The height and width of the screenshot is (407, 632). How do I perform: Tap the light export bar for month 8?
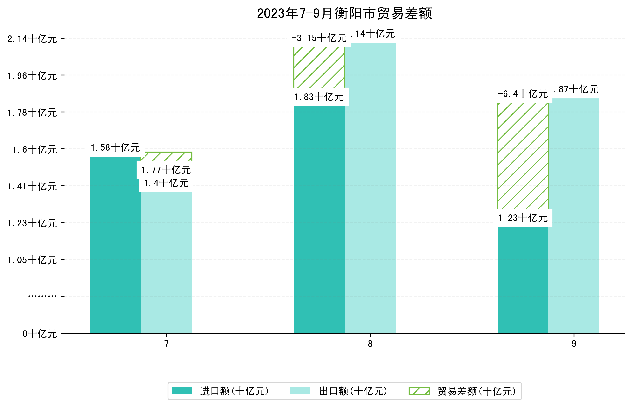370,188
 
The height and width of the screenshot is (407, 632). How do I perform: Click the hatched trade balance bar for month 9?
523,156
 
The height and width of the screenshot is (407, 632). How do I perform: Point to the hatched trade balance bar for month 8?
319,67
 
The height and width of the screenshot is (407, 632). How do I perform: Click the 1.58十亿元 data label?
115,147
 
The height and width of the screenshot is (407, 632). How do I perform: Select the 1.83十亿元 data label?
319,97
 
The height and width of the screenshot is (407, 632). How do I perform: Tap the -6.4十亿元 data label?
523,94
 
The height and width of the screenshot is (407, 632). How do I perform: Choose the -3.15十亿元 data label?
319,38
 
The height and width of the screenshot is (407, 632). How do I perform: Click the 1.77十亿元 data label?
166,170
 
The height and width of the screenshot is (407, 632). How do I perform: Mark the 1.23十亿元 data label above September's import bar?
523,218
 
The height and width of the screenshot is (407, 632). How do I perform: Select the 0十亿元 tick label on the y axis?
40,334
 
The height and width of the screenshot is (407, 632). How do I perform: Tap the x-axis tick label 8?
370,344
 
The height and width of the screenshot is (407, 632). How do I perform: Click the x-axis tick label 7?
166,344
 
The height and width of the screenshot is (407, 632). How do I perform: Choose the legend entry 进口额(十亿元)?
234,391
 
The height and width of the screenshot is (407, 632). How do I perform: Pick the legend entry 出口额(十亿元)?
353,391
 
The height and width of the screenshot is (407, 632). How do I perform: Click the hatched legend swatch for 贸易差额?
419,391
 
